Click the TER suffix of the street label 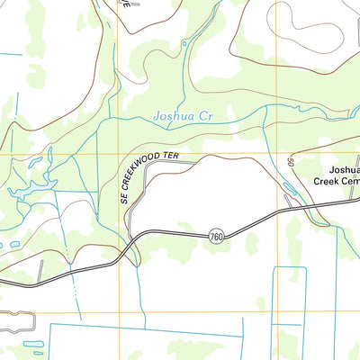point(172,157)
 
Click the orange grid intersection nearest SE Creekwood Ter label point(120,154)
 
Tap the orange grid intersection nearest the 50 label point(280,154)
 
